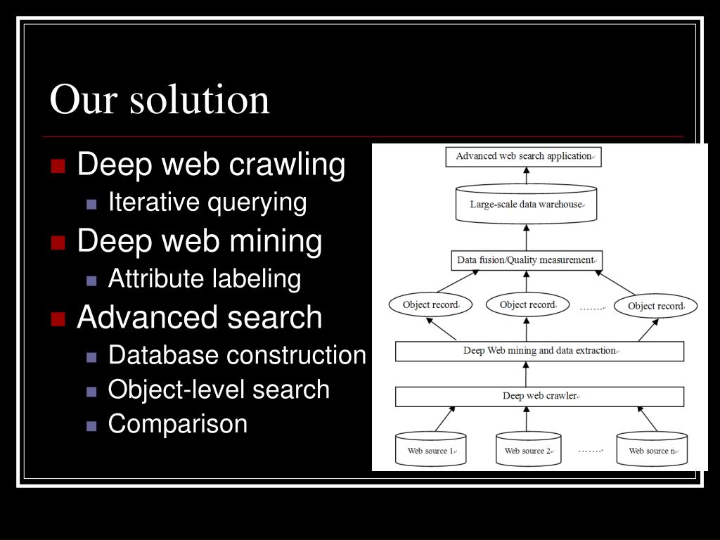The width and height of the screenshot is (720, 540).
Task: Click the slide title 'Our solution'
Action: pyautogui.click(x=160, y=99)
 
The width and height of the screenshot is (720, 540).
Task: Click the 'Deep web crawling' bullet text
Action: pyautogui.click(x=211, y=165)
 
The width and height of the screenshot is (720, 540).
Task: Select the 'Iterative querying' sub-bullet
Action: pyautogui.click(x=207, y=202)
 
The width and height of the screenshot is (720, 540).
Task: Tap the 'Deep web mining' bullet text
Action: pyautogui.click(x=200, y=241)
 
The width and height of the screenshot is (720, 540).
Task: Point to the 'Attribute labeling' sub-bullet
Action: pyautogui.click(x=205, y=279)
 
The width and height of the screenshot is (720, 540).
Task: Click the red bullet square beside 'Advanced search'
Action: pyautogui.click(x=58, y=319)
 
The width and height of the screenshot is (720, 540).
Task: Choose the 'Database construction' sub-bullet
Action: pyautogui.click(x=237, y=356)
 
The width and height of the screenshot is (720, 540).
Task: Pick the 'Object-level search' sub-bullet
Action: pyautogui.click(x=219, y=390)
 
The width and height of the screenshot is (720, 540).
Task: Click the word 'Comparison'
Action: pyautogui.click(x=178, y=424)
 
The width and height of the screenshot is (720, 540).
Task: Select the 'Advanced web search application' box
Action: pyautogui.click(x=524, y=156)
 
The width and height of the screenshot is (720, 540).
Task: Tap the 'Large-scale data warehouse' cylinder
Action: pyautogui.click(x=526, y=205)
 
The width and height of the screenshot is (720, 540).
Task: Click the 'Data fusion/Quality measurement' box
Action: pyautogui.click(x=526, y=260)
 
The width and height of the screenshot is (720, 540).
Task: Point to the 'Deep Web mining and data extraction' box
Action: pyautogui.click(x=539, y=351)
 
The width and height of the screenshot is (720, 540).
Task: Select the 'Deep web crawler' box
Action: pyautogui.click(x=539, y=396)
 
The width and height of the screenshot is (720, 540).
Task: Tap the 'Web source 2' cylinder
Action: pyautogui.click(x=528, y=449)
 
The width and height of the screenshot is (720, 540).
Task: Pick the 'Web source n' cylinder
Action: pyautogui.click(x=652, y=449)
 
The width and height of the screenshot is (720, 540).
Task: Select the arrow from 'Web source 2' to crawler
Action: pyautogui.click(x=527, y=419)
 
